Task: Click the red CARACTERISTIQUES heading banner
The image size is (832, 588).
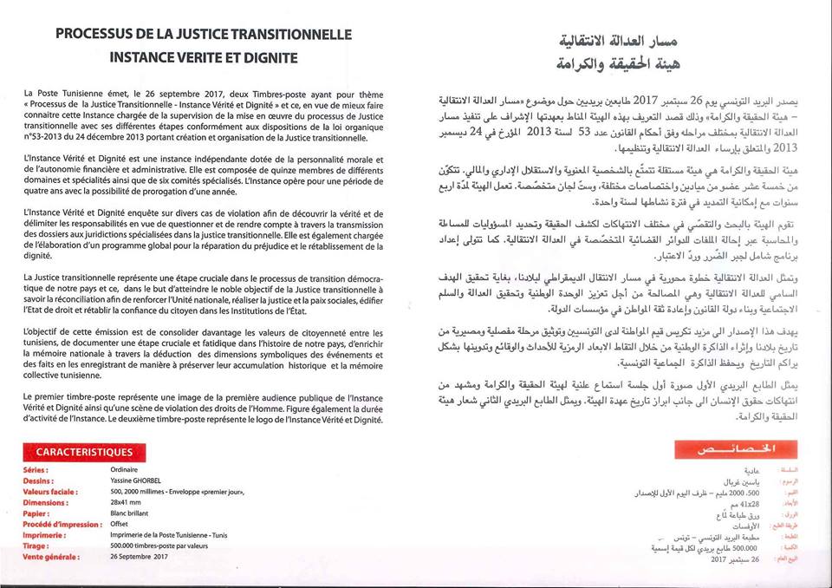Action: click(x=84, y=452)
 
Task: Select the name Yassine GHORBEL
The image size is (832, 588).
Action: click(x=137, y=480)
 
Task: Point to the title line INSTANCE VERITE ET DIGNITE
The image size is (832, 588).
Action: click(x=204, y=58)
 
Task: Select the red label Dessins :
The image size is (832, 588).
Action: click(x=40, y=480)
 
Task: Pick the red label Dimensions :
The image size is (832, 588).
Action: click(x=47, y=501)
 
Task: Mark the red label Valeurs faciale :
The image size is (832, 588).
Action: click(x=52, y=491)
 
